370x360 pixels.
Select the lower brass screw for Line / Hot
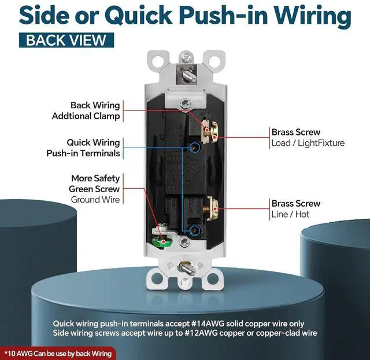click(210, 207)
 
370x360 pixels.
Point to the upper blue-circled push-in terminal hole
click(192, 148)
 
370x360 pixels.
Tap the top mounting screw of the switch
click(186, 58)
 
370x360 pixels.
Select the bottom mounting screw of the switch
click(186, 267)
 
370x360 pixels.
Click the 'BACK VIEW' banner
click(66, 41)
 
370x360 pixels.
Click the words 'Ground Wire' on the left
click(95, 200)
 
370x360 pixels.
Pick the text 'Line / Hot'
click(290, 214)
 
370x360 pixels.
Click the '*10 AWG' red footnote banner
click(58, 352)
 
